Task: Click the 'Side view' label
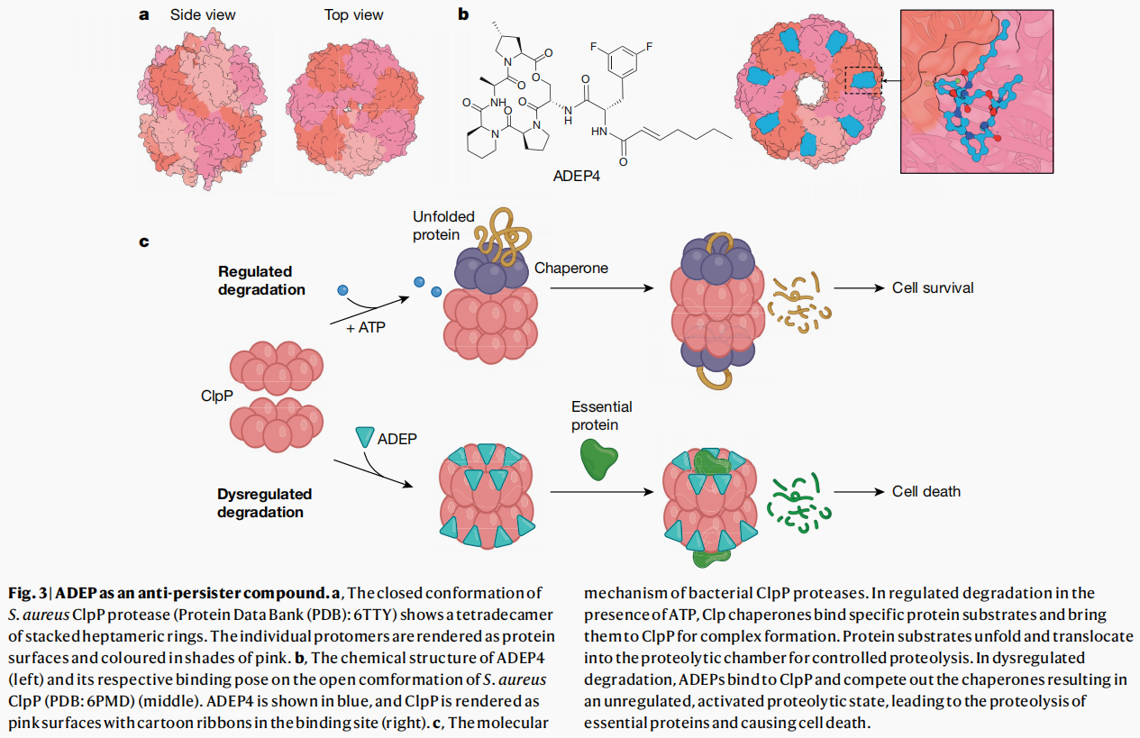click(x=204, y=14)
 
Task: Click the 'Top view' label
click(x=353, y=14)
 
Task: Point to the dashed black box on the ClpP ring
click(x=863, y=80)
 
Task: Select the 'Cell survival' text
click(x=933, y=288)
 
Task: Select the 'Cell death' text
click(x=926, y=491)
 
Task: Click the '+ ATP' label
click(x=365, y=327)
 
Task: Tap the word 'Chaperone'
click(x=570, y=268)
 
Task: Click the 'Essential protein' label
click(x=601, y=415)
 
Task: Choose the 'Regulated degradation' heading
click(x=255, y=280)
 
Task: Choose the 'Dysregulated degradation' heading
click(x=264, y=503)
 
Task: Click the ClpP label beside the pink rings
click(x=217, y=396)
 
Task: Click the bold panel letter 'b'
click(x=463, y=14)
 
